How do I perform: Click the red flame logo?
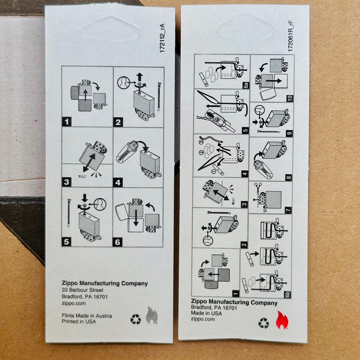click(x=282, y=319)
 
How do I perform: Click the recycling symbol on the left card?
click(x=136, y=319)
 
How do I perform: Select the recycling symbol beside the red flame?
click(x=263, y=323)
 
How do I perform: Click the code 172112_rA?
click(x=162, y=38)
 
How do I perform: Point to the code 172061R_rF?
click(x=290, y=36)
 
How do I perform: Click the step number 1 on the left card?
click(x=67, y=121)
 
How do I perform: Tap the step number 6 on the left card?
click(x=117, y=242)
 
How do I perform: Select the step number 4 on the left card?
click(x=118, y=182)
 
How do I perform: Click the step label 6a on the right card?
click(x=246, y=85)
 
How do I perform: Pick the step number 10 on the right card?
click(x=290, y=98)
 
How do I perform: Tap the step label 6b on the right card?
click(x=288, y=295)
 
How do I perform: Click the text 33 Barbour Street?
click(x=83, y=290)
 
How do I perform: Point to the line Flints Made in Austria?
click(x=87, y=316)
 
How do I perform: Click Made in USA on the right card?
click(x=207, y=313)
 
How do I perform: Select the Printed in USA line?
click(x=79, y=321)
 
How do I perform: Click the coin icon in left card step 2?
click(x=123, y=83)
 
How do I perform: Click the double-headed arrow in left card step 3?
click(x=89, y=162)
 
